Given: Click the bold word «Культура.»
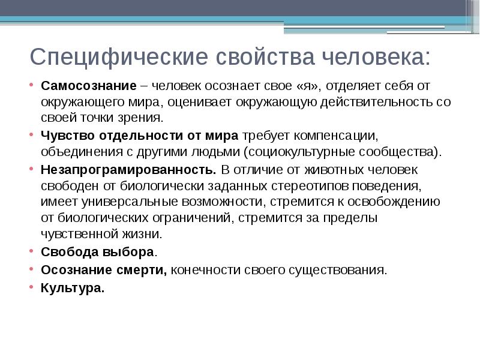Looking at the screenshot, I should coord(73,287).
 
